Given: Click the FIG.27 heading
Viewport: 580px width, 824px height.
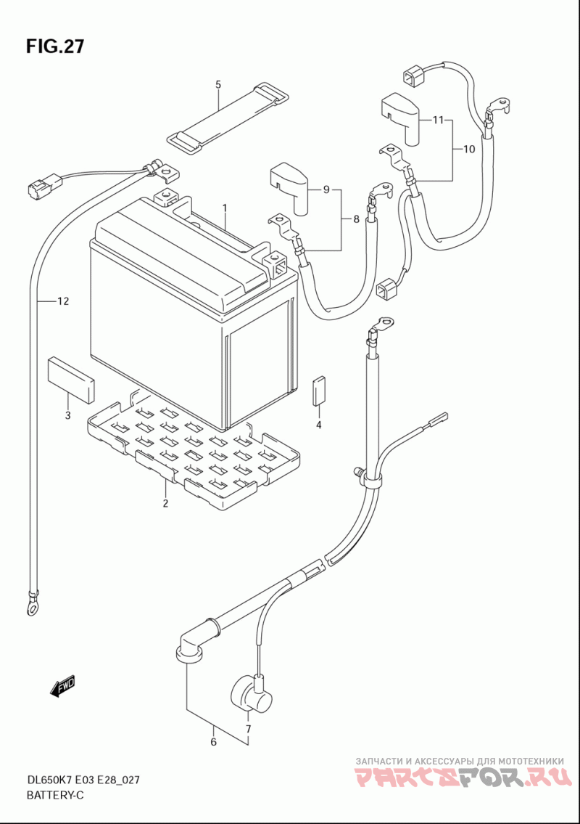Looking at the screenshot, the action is pyautogui.click(x=54, y=46).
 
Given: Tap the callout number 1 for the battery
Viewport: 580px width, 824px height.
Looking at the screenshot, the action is pyautogui.click(x=224, y=208).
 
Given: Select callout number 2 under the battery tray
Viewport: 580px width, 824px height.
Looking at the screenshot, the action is pyautogui.click(x=165, y=503).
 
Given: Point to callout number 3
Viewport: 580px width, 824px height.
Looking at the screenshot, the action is pyautogui.click(x=67, y=416).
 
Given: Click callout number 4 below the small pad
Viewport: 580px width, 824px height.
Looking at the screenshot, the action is pyautogui.click(x=318, y=425).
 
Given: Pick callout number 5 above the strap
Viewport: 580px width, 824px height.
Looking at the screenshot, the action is pyautogui.click(x=217, y=84).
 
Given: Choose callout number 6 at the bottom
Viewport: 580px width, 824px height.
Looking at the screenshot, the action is pyautogui.click(x=213, y=742).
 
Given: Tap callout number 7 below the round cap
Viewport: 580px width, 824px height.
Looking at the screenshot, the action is pyautogui.click(x=248, y=729).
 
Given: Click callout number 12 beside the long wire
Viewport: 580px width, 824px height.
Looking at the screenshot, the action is pyautogui.click(x=63, y=301).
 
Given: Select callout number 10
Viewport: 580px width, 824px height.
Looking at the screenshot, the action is pyautogui.click(x=469, y=150).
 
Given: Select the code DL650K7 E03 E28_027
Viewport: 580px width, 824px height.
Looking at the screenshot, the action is pyautogui.click(x=83, y=780).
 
